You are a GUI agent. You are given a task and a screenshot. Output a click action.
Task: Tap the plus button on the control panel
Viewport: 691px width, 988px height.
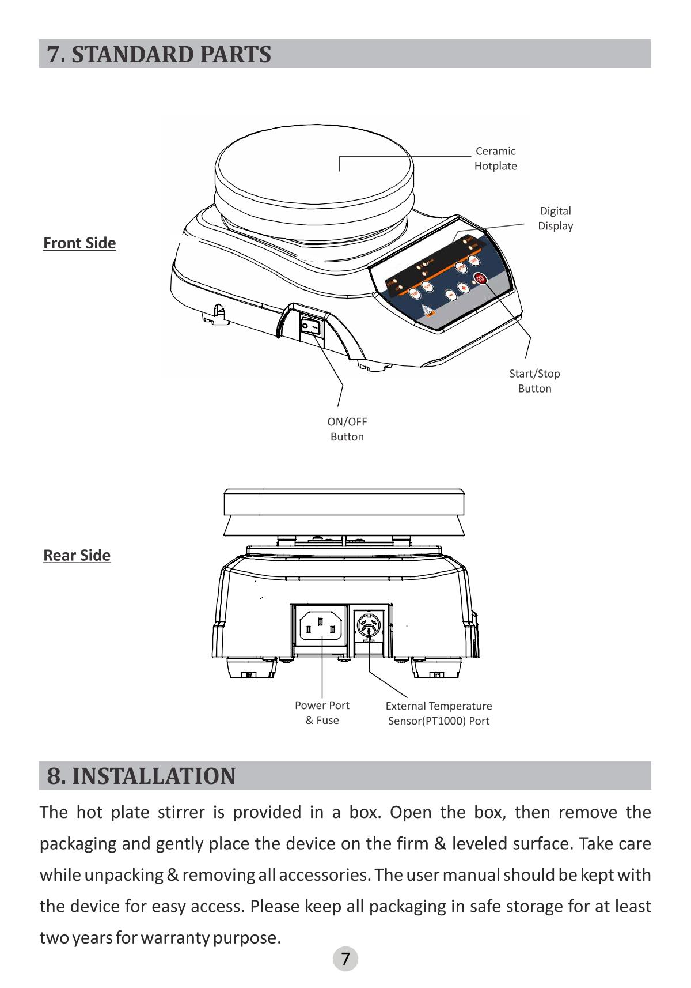[464, 288]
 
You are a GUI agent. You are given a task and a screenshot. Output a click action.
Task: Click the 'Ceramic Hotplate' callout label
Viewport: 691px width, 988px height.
[495, 159]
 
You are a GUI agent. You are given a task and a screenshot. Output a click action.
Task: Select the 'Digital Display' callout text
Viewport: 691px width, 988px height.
[555, 218]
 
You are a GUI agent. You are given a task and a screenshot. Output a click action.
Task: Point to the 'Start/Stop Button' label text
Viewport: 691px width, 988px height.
[534, 381]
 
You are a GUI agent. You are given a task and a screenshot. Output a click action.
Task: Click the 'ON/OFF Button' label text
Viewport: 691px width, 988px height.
[347, 429]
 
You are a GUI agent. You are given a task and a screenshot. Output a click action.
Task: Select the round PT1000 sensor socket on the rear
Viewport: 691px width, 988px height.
[369, 625]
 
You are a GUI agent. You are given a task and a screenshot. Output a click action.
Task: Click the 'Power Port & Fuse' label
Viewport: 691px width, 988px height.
[322, 713]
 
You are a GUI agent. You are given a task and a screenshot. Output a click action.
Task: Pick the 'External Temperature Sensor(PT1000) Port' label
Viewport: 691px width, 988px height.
[438, 714]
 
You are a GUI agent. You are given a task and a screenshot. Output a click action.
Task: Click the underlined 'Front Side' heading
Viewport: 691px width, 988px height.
[79, 243]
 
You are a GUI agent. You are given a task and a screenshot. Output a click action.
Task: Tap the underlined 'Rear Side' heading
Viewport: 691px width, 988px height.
[77, 556]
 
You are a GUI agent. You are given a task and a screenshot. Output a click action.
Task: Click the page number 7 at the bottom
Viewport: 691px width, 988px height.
[345, 959]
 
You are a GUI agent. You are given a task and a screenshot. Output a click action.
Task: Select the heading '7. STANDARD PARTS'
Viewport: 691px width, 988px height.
[159, 54]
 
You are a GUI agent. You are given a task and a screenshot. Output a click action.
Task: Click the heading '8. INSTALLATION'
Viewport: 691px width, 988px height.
[141, 776]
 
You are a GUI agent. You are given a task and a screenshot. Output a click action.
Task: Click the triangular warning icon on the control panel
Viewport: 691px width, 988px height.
[425, 310]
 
